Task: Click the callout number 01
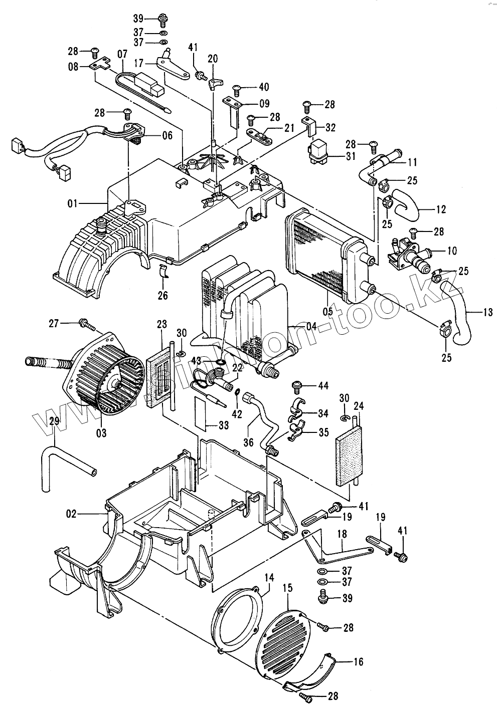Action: [73, 203]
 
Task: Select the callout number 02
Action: [71, 513]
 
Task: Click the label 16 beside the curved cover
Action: [358, 661]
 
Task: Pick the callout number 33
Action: [223, 425]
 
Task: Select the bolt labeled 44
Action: [296, 386]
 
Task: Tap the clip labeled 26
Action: [163, 272]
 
